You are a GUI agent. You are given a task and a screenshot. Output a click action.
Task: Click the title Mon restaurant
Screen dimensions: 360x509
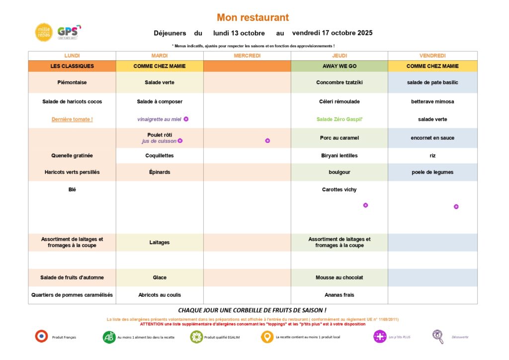click(253, 18)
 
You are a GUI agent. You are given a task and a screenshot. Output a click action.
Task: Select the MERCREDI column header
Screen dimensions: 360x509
click(247, 56)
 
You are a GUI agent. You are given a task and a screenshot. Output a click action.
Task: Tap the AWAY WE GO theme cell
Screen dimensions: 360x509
click(339, 66)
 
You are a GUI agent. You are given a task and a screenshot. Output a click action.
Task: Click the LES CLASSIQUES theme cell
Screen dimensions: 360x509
click(72, 66)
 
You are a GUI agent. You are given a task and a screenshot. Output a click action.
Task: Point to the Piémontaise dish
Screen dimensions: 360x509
click(72, 83)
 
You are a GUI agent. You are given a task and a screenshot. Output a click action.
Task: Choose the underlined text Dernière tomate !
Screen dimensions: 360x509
click(72, 119)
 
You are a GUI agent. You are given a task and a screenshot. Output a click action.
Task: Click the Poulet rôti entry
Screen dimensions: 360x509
click(160, 135)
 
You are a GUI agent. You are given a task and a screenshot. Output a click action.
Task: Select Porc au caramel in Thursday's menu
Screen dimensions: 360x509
click(339, 138)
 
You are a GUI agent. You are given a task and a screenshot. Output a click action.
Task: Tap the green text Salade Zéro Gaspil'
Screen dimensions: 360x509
click(339, 119)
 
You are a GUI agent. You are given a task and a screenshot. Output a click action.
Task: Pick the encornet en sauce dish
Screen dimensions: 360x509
click(432, 138)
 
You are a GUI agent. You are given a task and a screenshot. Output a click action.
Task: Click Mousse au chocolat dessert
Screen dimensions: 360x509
click(339, 277)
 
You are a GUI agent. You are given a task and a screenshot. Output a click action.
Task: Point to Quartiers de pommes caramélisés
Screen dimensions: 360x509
click(72, 295)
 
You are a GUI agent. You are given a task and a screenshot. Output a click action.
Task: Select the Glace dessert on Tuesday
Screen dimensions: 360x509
click(160, 277)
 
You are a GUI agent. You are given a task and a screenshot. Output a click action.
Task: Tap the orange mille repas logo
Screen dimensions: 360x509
click(44, 32)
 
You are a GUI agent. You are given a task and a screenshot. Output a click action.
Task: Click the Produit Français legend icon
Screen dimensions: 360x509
click(41, 337)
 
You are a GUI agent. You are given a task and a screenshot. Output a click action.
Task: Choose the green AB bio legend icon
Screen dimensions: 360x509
click(109, 337)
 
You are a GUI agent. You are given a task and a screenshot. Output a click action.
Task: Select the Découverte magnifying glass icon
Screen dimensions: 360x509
click(438, 337)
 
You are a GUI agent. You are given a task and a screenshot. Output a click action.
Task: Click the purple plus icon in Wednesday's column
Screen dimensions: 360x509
click(267, 141)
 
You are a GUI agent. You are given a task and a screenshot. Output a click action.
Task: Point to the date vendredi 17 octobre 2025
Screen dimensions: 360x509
click(332, 33)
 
